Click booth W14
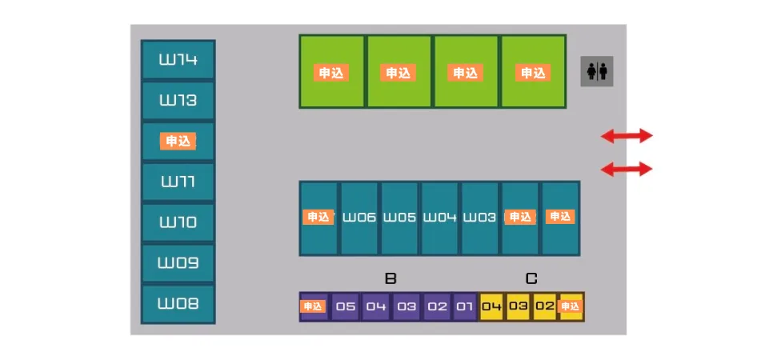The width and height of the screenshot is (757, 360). click(178, 59)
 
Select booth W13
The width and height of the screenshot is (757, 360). click(178, 100)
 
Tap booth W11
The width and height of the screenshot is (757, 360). click(178, 182)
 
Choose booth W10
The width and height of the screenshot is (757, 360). click(178, 222)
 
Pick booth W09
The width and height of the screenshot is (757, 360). click(178, 263)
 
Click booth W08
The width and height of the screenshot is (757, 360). click(178, 303)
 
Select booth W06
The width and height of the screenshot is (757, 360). click(358, 218)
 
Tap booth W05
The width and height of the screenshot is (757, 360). click(399, 218)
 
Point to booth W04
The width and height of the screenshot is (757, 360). click(439, 218)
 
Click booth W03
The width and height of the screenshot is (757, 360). click(480, 218)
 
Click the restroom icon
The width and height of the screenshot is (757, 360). click(597, 71)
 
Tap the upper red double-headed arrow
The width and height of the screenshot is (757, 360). click(627, 136)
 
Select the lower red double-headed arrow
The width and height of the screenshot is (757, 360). click(627, 169)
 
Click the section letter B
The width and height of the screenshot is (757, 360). click(391, 278)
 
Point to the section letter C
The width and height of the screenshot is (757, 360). click(531, 278)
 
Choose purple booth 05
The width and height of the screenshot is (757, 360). click(345, 306)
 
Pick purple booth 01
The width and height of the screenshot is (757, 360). click(465, 306)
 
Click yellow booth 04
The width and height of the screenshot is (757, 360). click(491, 306)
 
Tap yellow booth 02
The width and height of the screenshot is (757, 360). click(545, 306)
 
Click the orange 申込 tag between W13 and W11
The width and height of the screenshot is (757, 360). click(178, 142)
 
